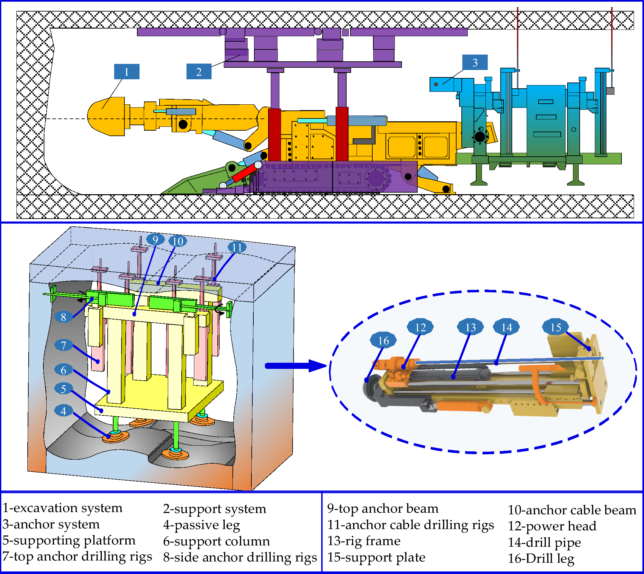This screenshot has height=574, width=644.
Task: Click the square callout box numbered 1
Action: click(127, 72)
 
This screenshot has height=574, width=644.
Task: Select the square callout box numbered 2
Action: click(199, 72)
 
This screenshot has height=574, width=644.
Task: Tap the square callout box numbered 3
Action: click(475, 62)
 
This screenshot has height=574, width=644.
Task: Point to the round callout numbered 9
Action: click(155, 239)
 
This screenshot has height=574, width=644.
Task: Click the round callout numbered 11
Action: click(237, 247)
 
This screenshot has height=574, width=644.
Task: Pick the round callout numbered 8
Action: click(63, 317)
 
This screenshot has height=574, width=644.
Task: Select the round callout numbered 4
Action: click(63, 411)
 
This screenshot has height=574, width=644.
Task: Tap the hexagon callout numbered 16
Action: click(383, 340)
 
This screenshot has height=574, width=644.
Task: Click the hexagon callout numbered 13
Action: click(470, 327)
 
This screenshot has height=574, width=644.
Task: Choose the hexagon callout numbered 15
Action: click(556, 327)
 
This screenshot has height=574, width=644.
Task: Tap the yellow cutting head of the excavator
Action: click(106, 116)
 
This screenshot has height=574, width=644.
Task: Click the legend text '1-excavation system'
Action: click(63, 508)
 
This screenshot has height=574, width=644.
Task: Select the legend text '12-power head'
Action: click(552, 526)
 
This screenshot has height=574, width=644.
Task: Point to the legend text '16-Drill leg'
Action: click(541, 558)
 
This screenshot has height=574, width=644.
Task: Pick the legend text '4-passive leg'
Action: click(202, 525)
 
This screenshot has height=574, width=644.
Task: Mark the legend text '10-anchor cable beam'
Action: click(572, 510)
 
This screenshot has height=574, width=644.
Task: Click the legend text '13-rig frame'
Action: click(364, 541)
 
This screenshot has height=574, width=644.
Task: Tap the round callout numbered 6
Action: click(63, 370)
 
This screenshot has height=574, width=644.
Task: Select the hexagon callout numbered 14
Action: click(507, 327)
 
